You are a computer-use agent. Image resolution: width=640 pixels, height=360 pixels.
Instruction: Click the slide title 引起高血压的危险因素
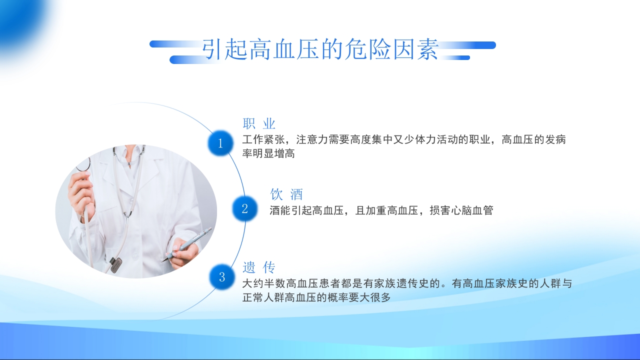pyautogui.click(x=320, y=50)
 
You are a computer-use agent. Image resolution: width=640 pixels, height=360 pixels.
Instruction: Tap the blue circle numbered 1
pyautogui.click(x=220, y=144)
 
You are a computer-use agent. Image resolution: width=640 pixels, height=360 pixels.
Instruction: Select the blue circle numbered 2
pyautogui.click(x=245, y=208)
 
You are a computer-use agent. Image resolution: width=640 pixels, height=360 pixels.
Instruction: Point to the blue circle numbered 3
pyautogui.click(x=222, y=277)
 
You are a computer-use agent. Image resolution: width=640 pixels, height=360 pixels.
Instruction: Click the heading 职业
pyautogui.click(x=259, y=124)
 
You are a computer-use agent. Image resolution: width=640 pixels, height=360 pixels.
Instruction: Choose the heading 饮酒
pyautogui.click(x=286, y=194)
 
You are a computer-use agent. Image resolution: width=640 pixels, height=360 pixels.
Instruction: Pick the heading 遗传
pyautogui.click(x=259, y=267)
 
